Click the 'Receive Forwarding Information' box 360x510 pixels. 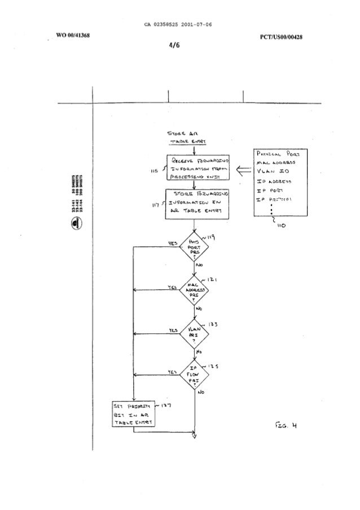194,167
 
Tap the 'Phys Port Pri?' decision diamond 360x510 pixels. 194,247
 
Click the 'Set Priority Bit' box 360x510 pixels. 134,415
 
